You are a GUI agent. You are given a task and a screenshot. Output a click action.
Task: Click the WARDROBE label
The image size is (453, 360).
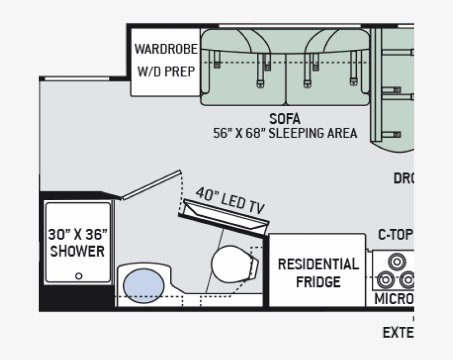[166, 49]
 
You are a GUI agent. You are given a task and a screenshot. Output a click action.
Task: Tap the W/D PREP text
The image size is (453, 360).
[166, 72]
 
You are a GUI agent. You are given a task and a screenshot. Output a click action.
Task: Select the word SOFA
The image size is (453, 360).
[285, 119]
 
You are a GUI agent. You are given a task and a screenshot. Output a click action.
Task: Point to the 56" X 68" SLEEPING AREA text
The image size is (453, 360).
[285, 133]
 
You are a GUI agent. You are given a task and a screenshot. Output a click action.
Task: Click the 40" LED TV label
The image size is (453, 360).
[230, 200]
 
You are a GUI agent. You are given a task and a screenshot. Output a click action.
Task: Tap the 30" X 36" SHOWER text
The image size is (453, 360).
[77, 242]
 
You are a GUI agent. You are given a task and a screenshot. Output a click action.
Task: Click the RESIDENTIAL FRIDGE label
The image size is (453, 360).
[318, 272]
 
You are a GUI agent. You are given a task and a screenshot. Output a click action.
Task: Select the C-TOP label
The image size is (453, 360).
[395, 234]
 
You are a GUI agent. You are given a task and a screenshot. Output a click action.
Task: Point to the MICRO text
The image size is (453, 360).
[394, 299]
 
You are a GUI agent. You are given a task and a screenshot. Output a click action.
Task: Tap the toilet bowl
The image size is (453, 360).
[231, 264]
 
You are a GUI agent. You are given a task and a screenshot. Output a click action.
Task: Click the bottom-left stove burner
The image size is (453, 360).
[385, 281]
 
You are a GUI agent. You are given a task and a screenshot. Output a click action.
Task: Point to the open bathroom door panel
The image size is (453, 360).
[152, 185]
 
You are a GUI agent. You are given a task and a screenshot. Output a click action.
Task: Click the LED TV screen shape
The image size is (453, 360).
[227, 217]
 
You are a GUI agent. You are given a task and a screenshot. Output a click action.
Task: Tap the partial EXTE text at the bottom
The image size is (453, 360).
[398, 332]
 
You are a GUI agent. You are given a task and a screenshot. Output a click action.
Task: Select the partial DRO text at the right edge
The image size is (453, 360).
[403, 179]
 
